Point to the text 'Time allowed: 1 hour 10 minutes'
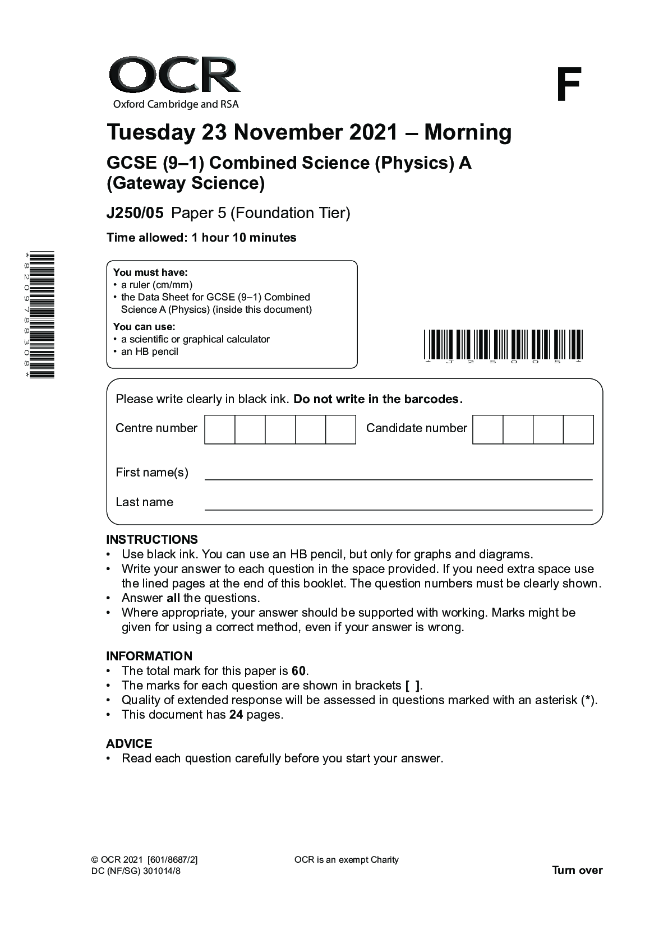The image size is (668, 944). pyautogui.click(x=201, y=238)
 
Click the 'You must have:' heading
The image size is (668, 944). pyautogui.click(x=150, y=272)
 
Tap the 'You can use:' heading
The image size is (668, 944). pyautogui.click(x=144, y=326)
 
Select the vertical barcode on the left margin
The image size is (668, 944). pyautogui.click(x=42, y=315)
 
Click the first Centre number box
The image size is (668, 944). pyautogui.click(x=220, y=429)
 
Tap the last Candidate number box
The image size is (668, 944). pyautogui.click(x=578, y=429)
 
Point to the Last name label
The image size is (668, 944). pyautogui.click(x=144, y=502)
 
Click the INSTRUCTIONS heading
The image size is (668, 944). pyautogui.click(x=152, y=539)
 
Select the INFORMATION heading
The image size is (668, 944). pyautogui.click(x=149, y=656)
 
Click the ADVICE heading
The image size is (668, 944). pyautogui.click(x=129, y=743)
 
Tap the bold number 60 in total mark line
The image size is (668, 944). pyautogui.click(x=299, y=671)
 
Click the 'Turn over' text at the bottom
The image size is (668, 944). pyautogui.click(x=577, y=870)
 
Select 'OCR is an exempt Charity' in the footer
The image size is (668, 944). pyautogui.click(x=346, y=859)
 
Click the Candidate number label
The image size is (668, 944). pyautogui.click(x=416, y=428)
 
